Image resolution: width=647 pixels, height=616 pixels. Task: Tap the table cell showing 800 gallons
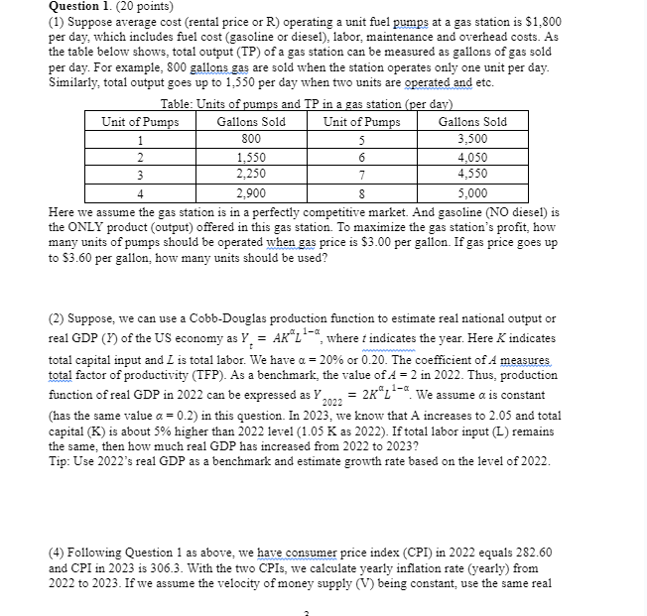coord(251,139)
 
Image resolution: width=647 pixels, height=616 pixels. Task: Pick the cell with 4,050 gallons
coord(471,156)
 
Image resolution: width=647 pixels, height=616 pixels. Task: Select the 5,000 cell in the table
coord(471,194)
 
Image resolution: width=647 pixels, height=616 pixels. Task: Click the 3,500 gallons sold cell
coord(471,139)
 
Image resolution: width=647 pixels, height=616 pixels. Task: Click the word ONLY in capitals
coord(95,227)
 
